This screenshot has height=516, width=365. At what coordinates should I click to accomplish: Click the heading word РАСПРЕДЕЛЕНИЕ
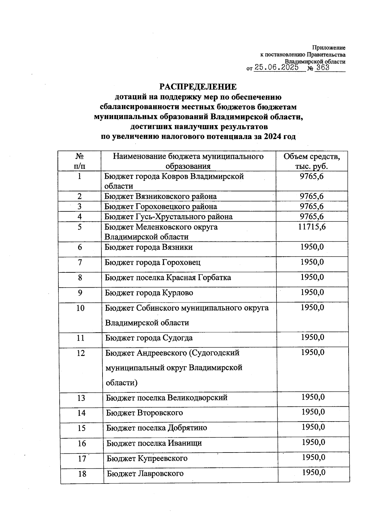(x=198, y=87)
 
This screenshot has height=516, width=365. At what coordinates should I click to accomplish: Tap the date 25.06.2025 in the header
(x=276, y=67)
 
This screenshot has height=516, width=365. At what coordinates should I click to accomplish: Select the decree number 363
(x=323, y=67)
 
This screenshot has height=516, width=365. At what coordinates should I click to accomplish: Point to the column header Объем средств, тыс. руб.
(x=311, y=161)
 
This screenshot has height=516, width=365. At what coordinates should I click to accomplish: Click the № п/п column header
(x=80, y=161)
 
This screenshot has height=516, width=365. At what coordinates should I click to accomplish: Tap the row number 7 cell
(x=80, y=262)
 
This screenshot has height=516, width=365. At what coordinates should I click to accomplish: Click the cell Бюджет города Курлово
(x=149, y=293)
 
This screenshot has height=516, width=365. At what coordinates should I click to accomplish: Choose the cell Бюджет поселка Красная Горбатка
(x=168, y=278)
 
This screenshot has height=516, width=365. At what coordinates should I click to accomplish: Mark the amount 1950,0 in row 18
(x=314, y=472)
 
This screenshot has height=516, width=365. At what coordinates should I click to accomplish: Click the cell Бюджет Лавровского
(x=145, y=473)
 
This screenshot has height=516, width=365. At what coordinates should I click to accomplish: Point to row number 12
(x=81, y=353)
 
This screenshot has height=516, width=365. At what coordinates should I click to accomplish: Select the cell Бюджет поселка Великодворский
(x=167, y=398)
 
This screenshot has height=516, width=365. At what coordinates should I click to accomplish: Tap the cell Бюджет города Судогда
(x=149, y=338)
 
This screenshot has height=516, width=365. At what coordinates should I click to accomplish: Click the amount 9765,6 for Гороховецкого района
(x=312, y=207)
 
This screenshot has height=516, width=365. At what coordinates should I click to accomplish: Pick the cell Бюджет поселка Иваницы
(x=154, y=443)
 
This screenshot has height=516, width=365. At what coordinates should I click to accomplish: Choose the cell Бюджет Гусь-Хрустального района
(x=169, y=217)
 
